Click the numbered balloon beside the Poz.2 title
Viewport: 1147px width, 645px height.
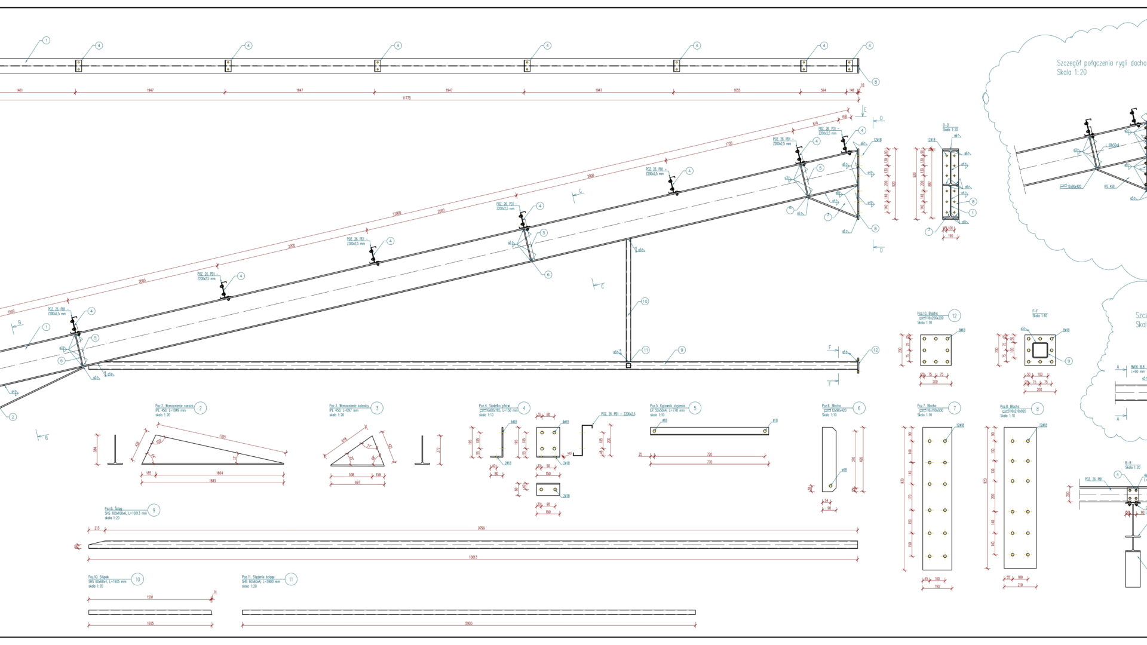(x=201, y=408)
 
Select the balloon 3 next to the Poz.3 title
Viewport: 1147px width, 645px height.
(x=377, y=408)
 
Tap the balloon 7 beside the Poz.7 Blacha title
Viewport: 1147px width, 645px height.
(x=954, y=408)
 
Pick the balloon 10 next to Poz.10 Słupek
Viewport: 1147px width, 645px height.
(x=137, y=579)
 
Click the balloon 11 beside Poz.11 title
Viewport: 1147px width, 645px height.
(x=291, y=579)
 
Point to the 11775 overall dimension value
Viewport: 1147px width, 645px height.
(x=407, y=98)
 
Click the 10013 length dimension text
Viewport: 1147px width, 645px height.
(x=473, y=557)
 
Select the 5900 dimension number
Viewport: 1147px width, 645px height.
(x=469, y=623)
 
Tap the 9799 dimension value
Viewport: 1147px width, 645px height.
(x=473, y=528)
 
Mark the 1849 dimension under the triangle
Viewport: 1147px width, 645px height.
(x=213, y=480)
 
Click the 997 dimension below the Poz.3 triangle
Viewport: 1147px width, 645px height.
(x=357, y=482)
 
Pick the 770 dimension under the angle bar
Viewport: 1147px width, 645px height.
(x=710, y=462)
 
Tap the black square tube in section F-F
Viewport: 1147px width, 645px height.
(x=1040, y=350)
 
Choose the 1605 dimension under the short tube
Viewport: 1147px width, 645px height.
(x=150, y=623)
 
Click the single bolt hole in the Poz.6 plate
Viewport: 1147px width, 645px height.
(x=831, y=486)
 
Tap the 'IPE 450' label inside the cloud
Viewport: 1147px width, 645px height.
(x=1109, y=186)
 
